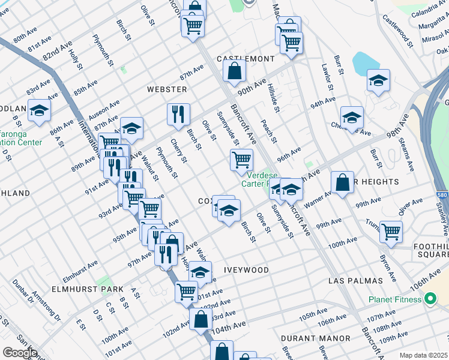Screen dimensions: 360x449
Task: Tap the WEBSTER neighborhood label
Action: point(167,89)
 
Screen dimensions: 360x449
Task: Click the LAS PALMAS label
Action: point(355,281)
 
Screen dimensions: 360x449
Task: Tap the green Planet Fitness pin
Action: point(429,298)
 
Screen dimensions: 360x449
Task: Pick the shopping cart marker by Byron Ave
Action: point(391,230)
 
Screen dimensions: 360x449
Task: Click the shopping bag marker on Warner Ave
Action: point(342,182)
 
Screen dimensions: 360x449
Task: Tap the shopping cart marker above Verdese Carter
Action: point(241,160)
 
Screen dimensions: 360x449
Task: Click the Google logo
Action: point(20,352)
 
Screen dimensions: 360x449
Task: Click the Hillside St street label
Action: point(274,97)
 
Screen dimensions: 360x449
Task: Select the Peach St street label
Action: point(267,131)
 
